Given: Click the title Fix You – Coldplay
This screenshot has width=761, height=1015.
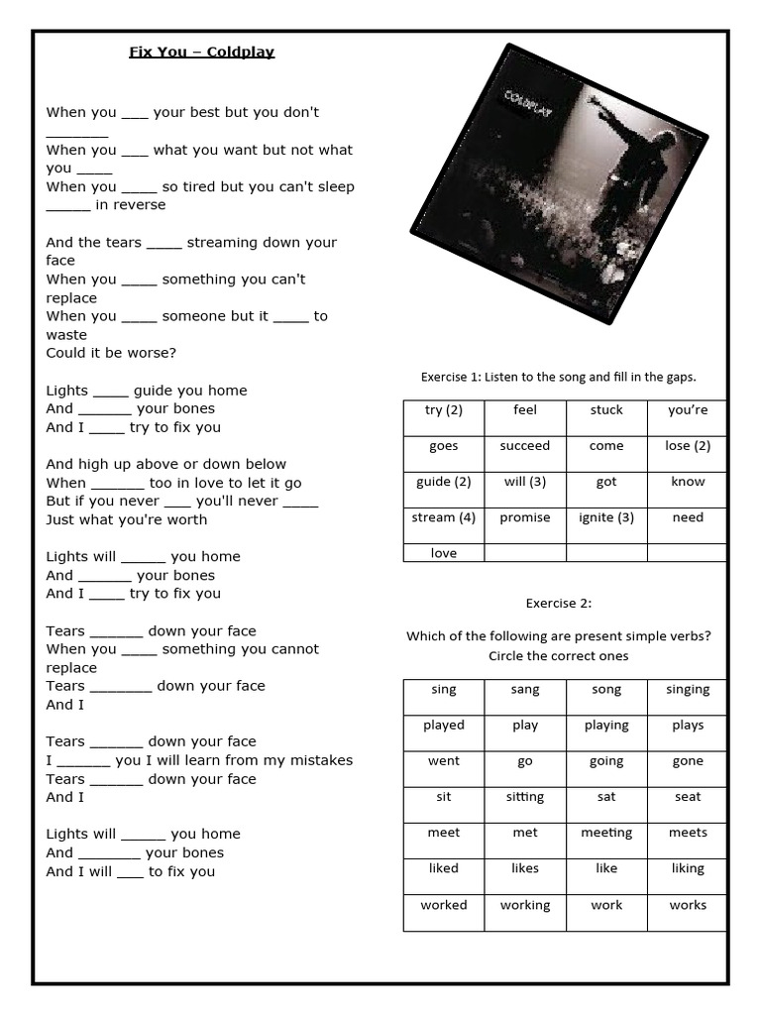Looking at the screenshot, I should pos(201,52).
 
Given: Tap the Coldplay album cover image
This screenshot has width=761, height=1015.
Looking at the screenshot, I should pos(560,183).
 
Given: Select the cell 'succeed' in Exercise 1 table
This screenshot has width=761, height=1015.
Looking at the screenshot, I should pos(525,446).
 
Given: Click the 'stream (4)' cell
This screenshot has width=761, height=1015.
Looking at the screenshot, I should pos(444,517).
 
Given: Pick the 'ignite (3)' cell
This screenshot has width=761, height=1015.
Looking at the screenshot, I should pos(606,517).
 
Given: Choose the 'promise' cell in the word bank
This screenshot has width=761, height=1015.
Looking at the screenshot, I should pos(525,517).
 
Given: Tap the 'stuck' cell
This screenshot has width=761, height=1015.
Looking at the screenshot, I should pos(606,410).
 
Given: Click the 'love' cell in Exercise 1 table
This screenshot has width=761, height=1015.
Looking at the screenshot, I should pos(444,553).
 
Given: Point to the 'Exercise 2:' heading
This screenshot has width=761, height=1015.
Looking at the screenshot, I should pos(559,603).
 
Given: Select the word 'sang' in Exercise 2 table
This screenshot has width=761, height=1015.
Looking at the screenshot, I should pos(525,690).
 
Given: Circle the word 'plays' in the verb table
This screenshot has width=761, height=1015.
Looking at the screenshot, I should pos(688,726).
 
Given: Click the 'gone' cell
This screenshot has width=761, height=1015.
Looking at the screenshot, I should pos(688,761).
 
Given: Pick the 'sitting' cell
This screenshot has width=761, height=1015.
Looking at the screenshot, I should pos(525,797).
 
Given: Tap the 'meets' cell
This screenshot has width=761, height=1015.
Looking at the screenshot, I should pos(688,833).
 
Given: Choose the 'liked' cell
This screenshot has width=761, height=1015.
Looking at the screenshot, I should pos(444,868).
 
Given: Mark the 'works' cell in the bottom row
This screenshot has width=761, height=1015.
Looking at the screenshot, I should pos(688,905).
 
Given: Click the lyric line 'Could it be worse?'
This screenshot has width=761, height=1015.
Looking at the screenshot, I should pos(111,353).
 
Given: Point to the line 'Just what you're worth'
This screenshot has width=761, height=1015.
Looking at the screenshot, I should pos(127,519).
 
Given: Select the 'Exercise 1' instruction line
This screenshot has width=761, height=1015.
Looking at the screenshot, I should pos(559,377).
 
